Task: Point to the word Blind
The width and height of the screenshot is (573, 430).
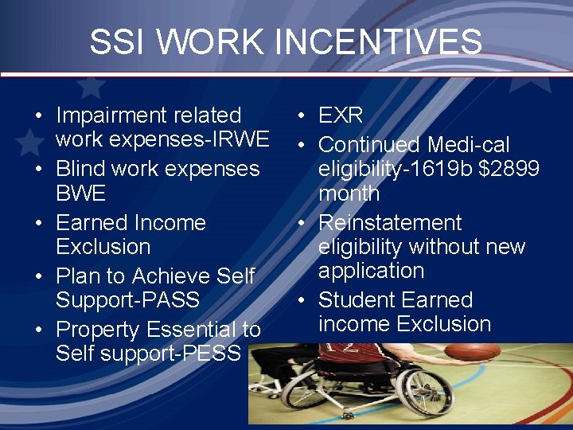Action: tap(80, 169)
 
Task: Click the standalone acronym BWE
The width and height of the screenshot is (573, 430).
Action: tap(80, 193)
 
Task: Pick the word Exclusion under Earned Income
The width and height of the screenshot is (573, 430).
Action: tap(103, 247)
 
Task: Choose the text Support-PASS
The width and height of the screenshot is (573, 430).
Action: tap(127, 300)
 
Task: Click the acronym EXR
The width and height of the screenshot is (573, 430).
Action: tap(341, 115)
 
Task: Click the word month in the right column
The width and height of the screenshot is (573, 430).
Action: tap(349, 193)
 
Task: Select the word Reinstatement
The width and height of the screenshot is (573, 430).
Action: tap(390, 223)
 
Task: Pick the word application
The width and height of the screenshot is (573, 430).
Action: tap(371, 271)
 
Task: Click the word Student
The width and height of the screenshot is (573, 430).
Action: tap(355, 300)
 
